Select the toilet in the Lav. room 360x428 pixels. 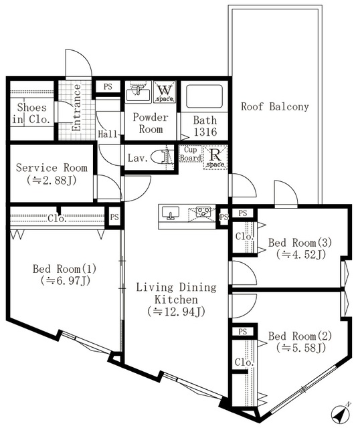159,157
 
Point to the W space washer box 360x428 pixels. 164,92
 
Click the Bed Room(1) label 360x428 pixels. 65,269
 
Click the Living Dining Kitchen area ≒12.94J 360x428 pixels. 175,312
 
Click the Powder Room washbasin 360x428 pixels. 139,92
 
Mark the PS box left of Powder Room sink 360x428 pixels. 106,86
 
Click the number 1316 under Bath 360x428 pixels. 205,132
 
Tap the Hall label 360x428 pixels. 107,133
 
